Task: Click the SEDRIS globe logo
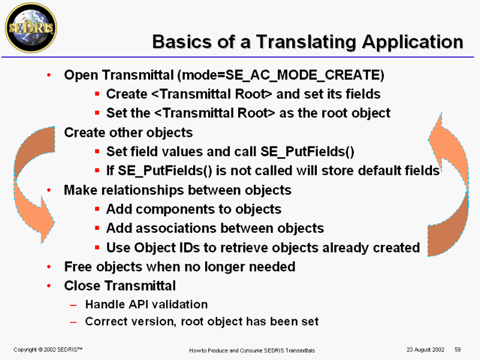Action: point(31,28)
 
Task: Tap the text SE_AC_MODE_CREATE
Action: point(302,76)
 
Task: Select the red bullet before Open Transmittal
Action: point(49,75)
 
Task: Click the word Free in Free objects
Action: point(78,266)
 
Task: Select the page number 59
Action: point(458,349)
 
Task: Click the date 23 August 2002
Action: point(425,349)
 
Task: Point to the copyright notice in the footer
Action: point(48,349)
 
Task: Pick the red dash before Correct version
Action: point(73,322)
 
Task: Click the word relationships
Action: point(142,190)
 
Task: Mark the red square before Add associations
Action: point(97,228)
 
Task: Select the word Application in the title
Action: point(412,42)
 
